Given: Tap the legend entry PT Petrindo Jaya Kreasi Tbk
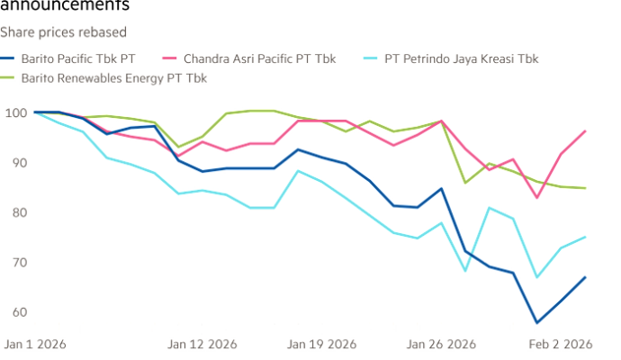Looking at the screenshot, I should (461, 60).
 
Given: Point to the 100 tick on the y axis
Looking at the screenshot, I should (13, 113).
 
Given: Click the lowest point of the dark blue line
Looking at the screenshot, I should (538, 321).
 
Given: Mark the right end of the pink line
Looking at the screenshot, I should (587, 130).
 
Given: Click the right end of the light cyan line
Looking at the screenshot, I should (587, 238).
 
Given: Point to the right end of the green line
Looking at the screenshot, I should (587, 187).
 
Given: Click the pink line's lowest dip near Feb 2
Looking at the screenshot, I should (538, 197).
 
